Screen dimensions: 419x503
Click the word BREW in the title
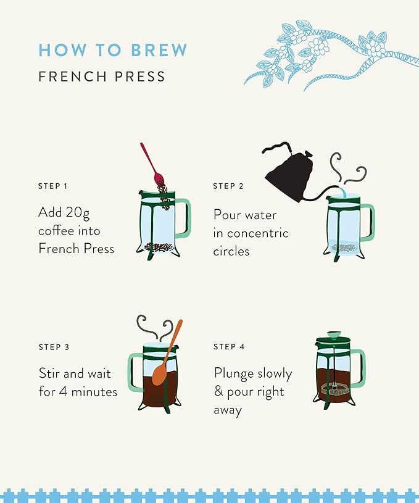pos(159,50)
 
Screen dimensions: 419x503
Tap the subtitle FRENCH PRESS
pos(102,77)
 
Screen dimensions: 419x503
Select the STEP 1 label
pos(53,186)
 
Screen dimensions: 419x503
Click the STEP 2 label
pos(228,186)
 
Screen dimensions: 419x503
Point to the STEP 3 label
pos(54,347)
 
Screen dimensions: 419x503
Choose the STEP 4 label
pos(229,347)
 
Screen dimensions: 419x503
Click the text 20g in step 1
pos(78,213)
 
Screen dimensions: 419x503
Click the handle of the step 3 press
pos(135,372)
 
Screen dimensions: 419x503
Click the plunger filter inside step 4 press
pos(335,389)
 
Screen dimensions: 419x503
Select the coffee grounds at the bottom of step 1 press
pos(159,247)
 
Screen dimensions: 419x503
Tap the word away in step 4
pos(228,410)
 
